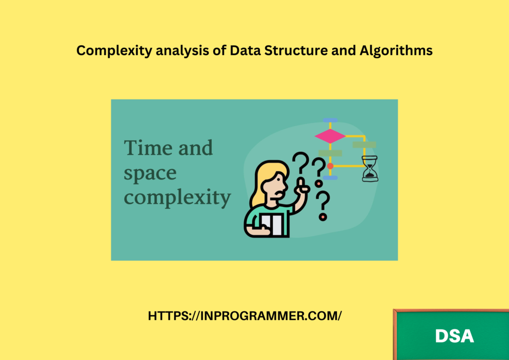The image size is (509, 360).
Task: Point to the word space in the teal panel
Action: coord(150,174)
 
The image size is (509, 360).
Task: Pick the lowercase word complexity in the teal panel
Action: coord(177,197)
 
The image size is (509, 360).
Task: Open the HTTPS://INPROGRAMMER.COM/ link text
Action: coord(245,316)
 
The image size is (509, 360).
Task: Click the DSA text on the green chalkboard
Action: coord(454,336)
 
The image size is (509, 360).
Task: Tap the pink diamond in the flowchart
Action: coord(330,136)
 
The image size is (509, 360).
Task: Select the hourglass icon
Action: coord(370,169)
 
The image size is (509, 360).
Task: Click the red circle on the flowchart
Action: coord(330,166)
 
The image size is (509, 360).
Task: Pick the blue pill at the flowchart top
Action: coord(330,120)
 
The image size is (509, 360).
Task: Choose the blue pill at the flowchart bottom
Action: coord(330,178)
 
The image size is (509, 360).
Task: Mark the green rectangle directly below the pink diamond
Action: coord(330,153)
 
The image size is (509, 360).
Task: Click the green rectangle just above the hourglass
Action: coord(364,145)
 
